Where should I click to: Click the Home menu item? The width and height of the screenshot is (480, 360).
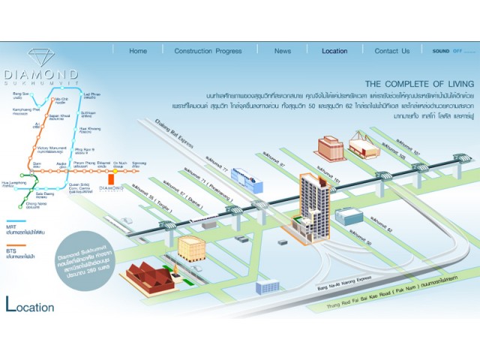138,51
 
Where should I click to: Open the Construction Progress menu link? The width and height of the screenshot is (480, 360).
208,51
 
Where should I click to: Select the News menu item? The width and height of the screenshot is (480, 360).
283,51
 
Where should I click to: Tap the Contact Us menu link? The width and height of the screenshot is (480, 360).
392,51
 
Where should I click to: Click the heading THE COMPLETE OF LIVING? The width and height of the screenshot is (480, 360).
419,83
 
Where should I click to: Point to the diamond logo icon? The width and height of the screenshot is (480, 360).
40,58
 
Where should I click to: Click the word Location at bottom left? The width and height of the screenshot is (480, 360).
30,306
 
